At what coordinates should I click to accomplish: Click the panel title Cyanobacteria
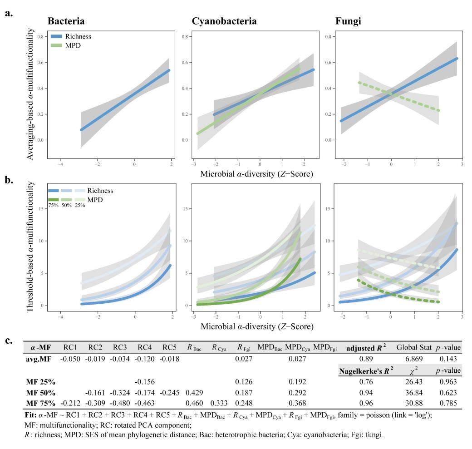tap(224, 21)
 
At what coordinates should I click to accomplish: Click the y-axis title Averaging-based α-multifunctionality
tap(31, 93)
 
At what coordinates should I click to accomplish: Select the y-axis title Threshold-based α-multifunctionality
tap(31, 247)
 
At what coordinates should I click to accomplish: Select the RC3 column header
tap(120, 348)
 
